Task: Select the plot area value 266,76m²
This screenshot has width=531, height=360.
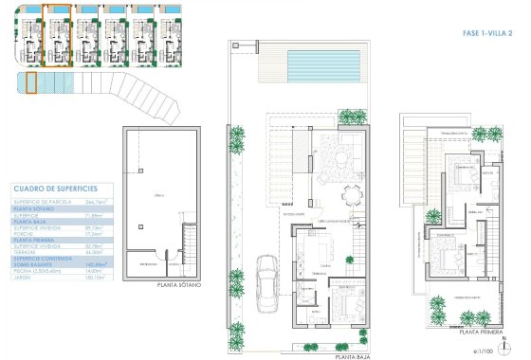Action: point(96,202)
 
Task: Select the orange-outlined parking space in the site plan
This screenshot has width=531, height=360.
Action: point(31,83)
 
